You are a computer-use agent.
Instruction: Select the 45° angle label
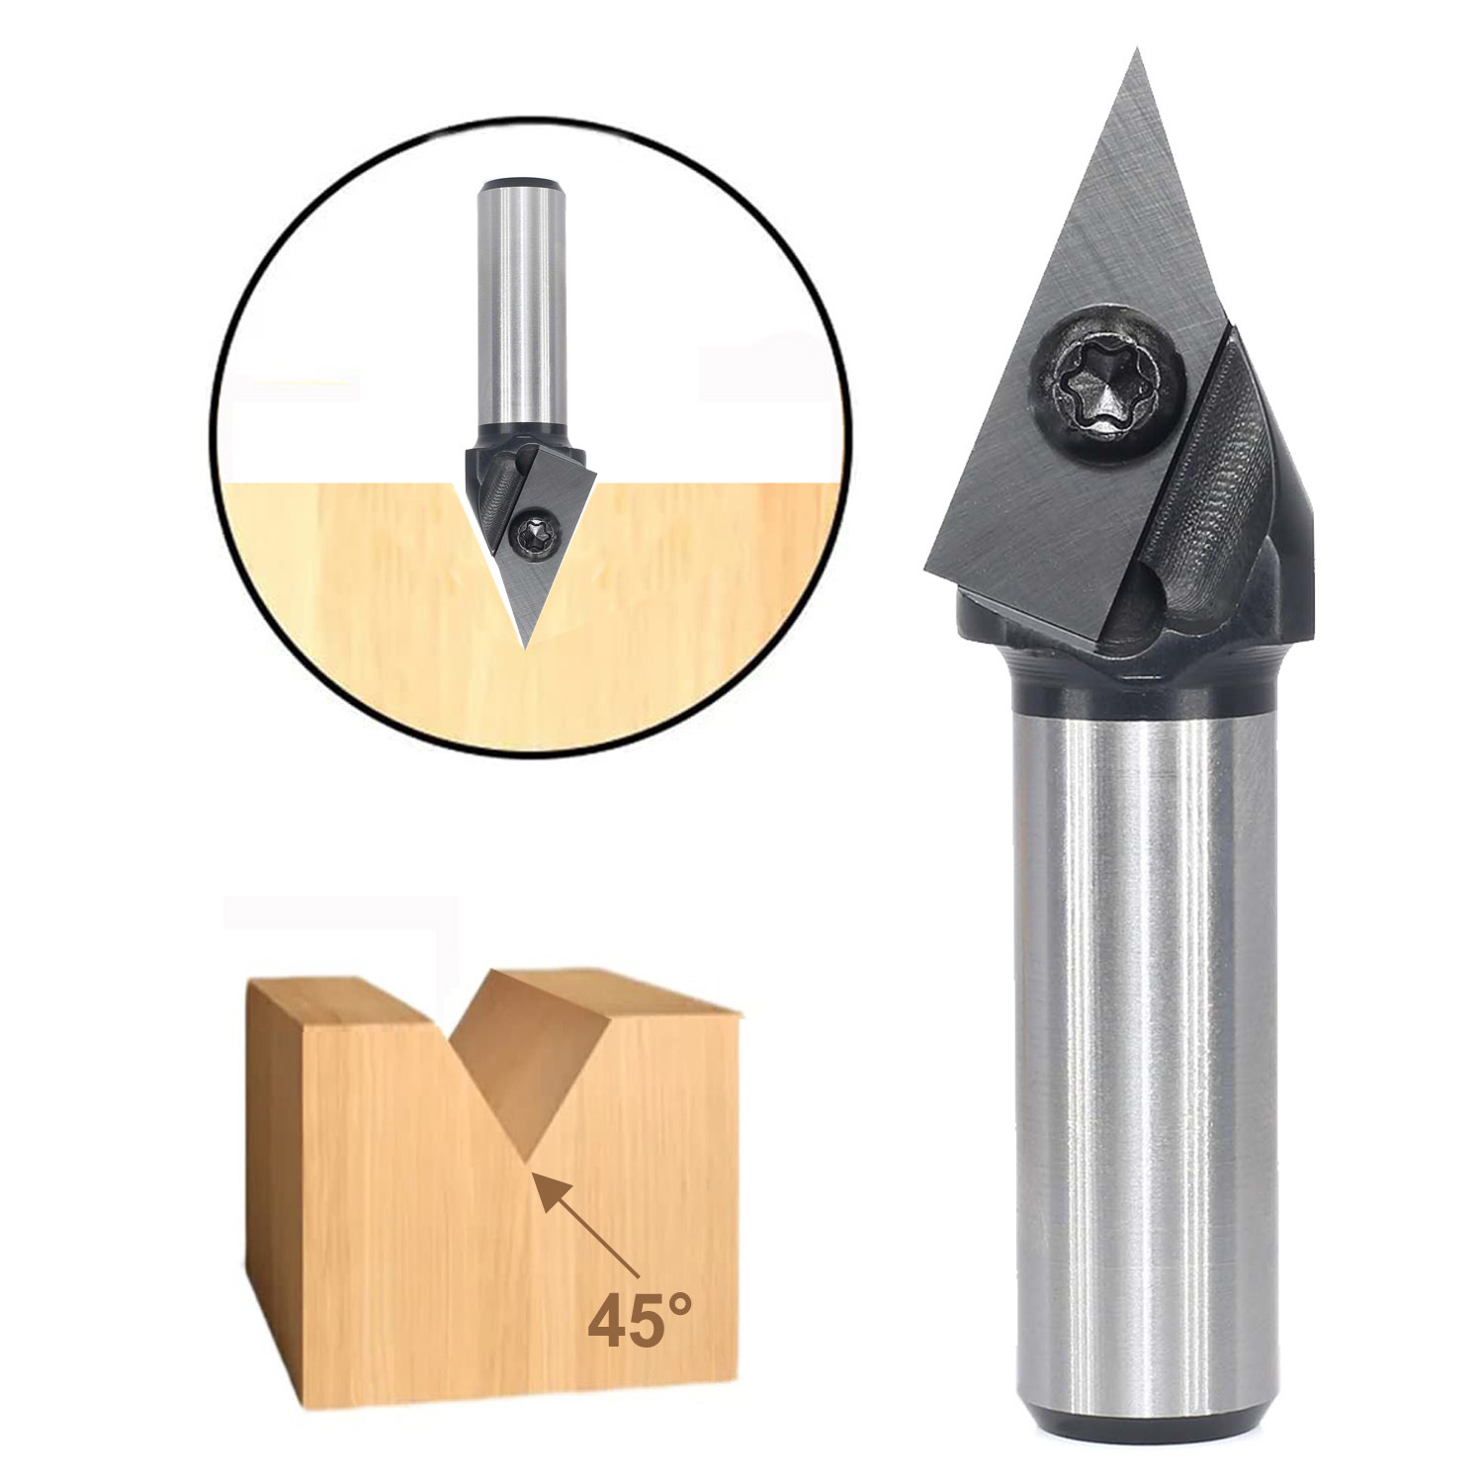pyautogui.click(x=639, y=1322)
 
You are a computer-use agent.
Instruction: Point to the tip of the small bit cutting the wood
pyautogui.click(x=524, y=646)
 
